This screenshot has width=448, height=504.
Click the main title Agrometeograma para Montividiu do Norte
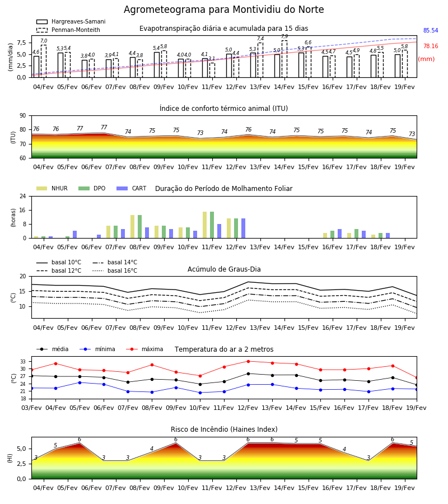point(223,10)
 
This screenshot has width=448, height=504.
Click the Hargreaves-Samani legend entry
point(71,21)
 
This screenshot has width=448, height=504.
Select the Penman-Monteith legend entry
point(68,30)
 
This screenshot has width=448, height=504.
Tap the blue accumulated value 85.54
point(431,31)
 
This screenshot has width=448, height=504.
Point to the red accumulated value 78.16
point(431,46)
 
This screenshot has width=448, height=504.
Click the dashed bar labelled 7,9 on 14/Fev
point(284,59)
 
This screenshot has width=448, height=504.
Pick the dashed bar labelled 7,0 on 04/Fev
point(44,61)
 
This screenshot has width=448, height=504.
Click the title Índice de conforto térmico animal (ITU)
point(223,108)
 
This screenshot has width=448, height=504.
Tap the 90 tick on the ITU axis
point(23,116)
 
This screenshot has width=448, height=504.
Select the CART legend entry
point(131,188)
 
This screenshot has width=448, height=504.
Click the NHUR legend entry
point(52,188)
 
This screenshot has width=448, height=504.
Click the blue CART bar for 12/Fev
point(243,228)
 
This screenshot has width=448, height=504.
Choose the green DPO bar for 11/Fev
point(212,225)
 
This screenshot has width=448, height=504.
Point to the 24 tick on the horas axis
point(23,196)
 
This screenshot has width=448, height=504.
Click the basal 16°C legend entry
point(115,270)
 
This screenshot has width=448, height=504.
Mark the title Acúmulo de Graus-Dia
point(224,269)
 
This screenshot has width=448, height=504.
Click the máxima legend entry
point(144,349)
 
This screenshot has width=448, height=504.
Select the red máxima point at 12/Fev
point(248,361)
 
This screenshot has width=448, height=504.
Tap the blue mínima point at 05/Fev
point(80,382)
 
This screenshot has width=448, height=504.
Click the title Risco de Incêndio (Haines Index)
point(224,429)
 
